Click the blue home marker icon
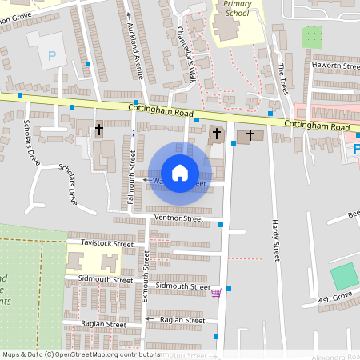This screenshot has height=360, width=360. (180, 172)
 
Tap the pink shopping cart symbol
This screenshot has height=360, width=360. (215, 293)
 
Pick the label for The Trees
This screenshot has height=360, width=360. (282, 79)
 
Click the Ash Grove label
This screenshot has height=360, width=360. (335, 299)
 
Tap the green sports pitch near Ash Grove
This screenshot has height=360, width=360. (344, 276)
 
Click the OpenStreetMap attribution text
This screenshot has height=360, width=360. (81, 354)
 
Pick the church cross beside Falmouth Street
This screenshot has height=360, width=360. (100, 129)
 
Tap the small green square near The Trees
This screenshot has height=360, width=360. (312, 37)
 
